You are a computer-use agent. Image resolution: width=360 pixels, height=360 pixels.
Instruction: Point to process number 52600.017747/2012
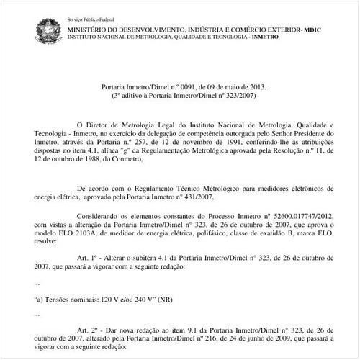297,215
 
